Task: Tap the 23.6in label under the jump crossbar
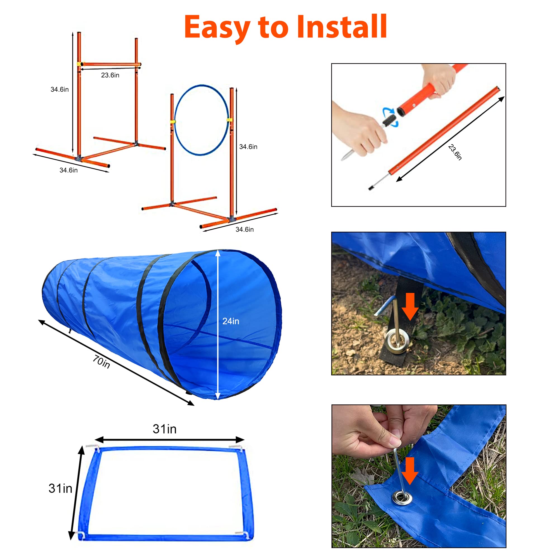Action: click(110, 75)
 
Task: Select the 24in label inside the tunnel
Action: click(231, 321)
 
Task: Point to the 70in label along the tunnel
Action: click(101, 362)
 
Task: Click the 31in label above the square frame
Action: click(164, 429)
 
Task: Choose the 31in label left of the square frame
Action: click(60, 488)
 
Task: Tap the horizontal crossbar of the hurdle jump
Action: click(110, 64)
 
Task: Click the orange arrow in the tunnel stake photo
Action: click(410, 307)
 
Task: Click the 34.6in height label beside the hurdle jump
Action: click(60, 89)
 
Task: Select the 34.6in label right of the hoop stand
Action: click(248, 147)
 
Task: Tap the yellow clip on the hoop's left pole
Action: click(172, 122)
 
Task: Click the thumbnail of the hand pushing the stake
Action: click(418, 476)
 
